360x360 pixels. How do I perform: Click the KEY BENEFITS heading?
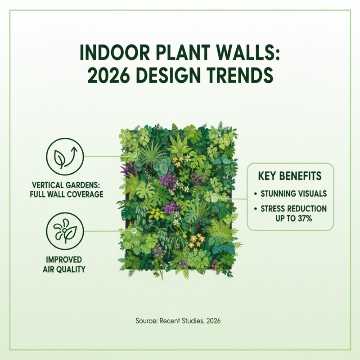(290, 176)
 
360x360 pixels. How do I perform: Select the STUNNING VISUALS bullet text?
(293, 194)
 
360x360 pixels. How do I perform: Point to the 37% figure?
(304, 218)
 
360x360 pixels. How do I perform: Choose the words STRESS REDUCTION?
(293, 209)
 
